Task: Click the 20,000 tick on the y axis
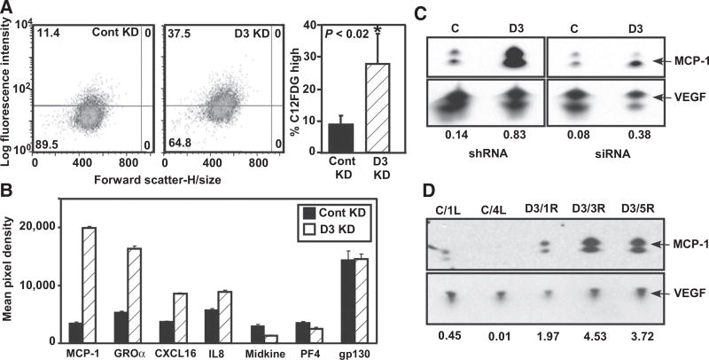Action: tap(28, 227)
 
